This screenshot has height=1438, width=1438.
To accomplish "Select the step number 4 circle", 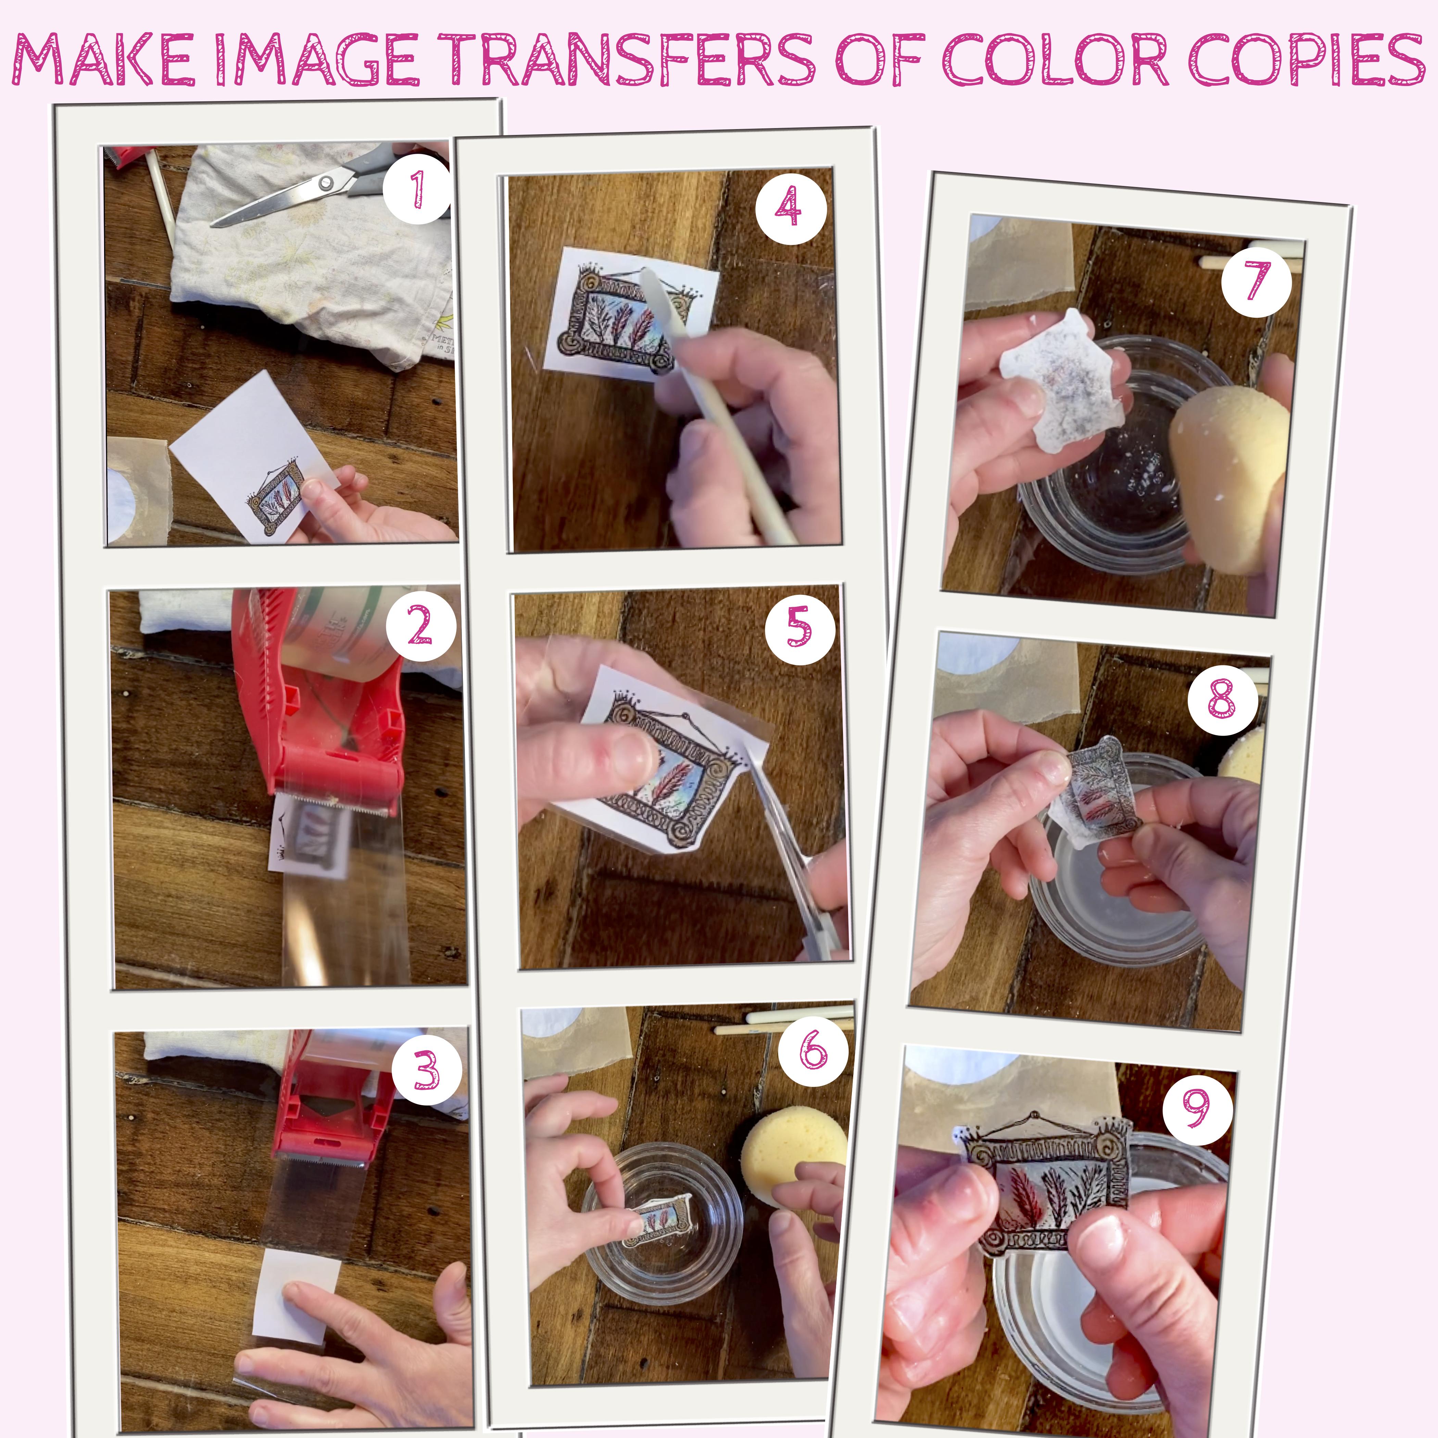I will (791, 207).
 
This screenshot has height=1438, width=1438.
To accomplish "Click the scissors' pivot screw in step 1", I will (325, 182).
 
